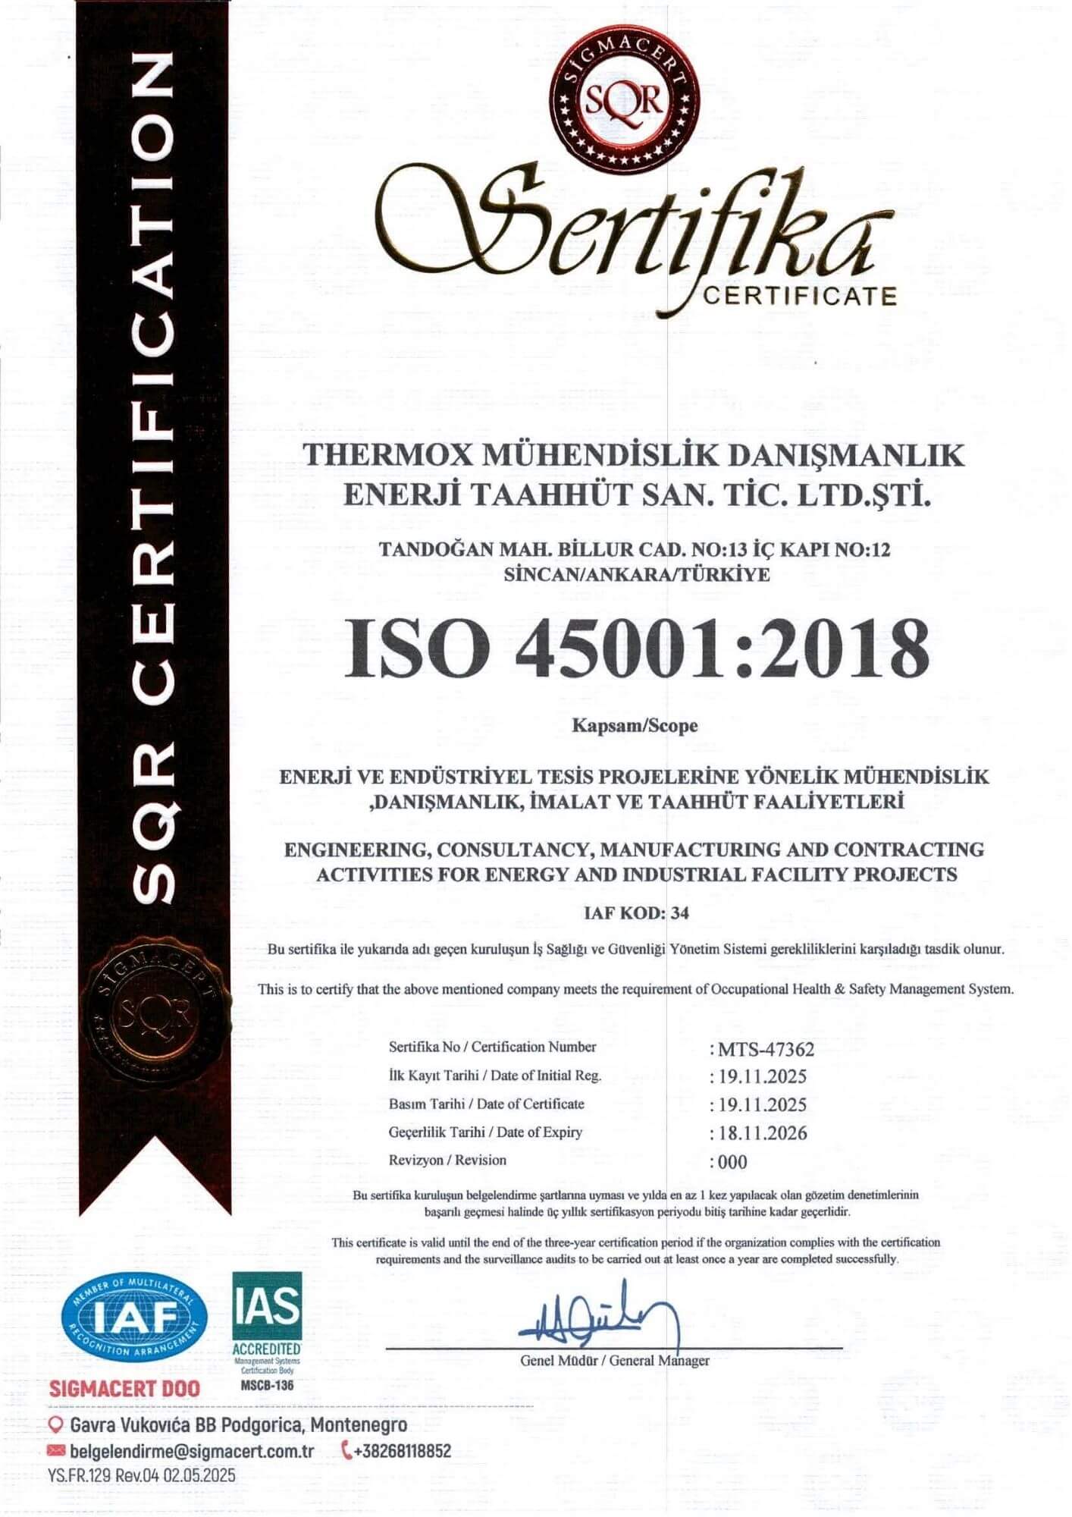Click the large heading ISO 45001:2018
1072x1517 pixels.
coord(636,649)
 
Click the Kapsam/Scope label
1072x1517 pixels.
coord(635,726)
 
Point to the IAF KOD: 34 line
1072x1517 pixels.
coord(636,913)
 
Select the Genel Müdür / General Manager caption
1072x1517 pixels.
coord(615,1361)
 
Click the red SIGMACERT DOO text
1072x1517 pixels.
coord(124,1389)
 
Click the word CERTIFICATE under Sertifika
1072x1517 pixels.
coord(799,295)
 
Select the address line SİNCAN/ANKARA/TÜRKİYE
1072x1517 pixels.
coord(636,575)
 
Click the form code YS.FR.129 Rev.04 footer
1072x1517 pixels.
coord(142,1475)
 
